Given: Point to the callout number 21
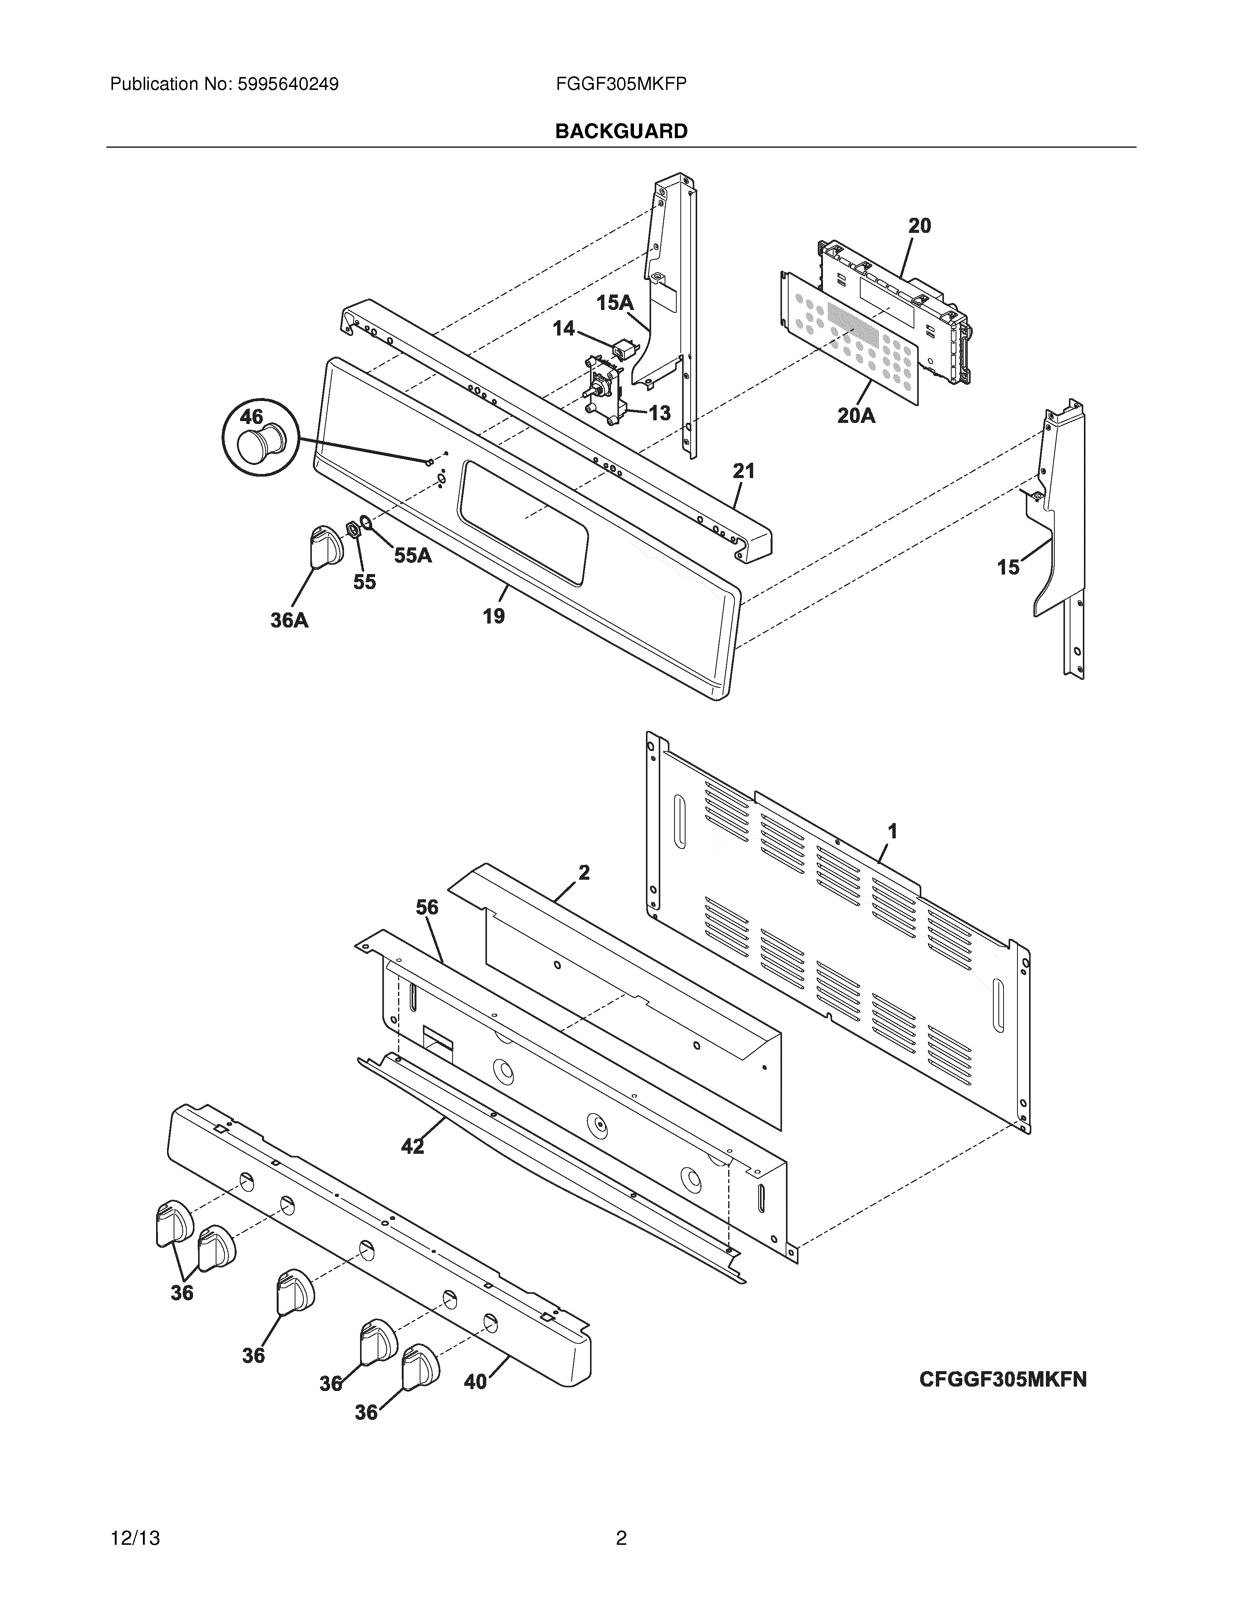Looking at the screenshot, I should [744, 470].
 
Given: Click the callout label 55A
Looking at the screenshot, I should [412, 555].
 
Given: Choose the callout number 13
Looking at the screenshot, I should [659, 413].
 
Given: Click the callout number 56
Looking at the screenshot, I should [427, 908].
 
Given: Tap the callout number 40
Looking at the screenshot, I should [476, 1382].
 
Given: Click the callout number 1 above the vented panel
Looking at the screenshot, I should [892, 832].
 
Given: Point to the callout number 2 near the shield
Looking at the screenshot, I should [584, 872].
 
